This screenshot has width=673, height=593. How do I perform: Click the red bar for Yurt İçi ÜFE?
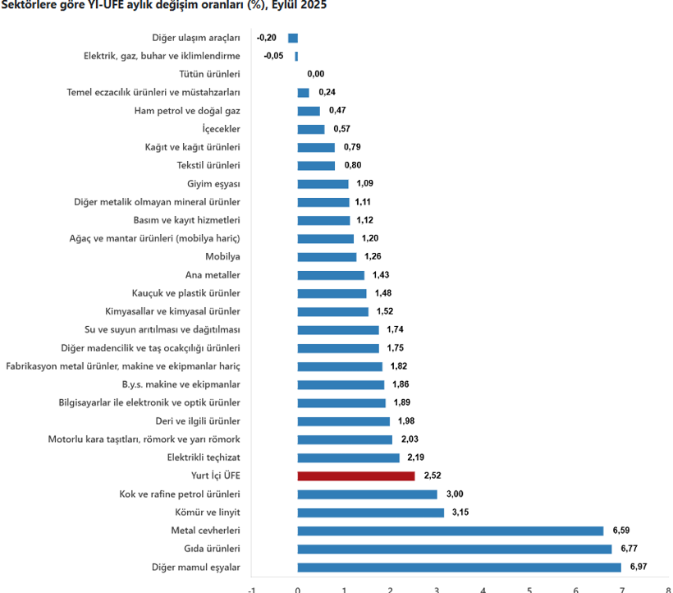point(356,476)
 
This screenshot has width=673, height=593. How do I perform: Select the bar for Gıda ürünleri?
point(455,549)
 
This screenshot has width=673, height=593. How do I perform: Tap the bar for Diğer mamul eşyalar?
point(460,567)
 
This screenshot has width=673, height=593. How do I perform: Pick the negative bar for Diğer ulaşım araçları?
point(293,38)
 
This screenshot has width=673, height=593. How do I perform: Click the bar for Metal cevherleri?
point(451,531)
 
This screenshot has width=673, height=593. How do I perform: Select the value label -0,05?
point(273,56)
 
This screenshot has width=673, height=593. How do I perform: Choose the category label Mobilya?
point(222,256)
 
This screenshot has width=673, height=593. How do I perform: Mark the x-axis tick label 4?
point(483,588)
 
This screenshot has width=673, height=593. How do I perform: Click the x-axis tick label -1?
point(251,588)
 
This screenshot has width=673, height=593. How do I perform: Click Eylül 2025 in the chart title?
point(296,5)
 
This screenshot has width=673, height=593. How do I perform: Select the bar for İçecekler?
point(311,129)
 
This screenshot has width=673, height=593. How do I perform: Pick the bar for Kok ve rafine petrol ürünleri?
point(368,494)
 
